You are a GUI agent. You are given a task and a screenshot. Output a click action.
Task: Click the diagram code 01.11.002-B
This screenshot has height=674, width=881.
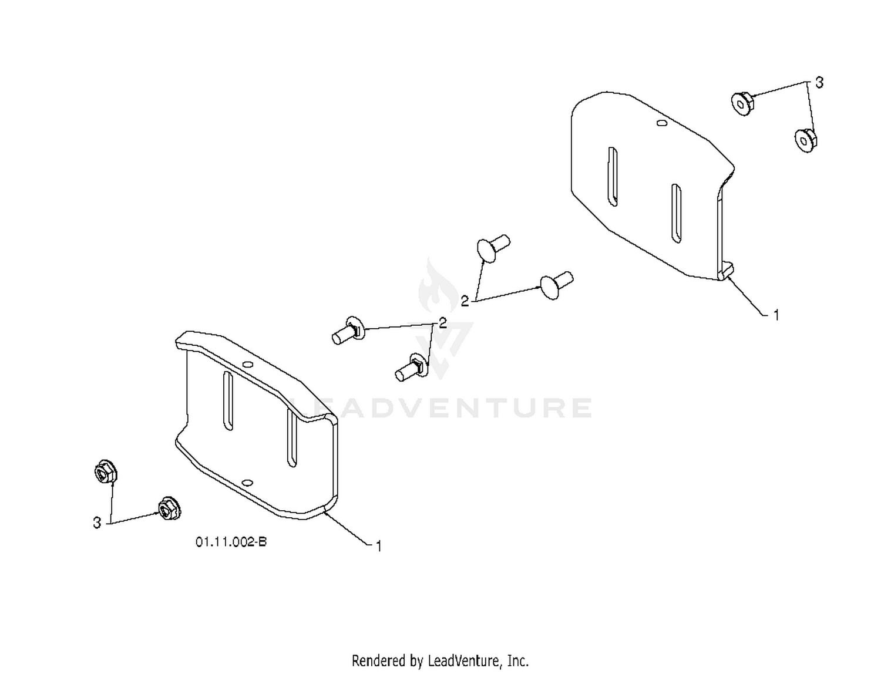pos(231,542)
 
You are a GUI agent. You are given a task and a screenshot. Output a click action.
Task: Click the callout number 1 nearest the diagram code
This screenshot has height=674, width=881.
pos(378,547)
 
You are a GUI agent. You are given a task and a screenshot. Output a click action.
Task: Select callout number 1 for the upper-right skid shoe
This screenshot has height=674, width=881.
pos(776,315)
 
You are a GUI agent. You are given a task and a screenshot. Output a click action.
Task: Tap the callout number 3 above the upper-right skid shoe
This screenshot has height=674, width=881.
pos(819,83)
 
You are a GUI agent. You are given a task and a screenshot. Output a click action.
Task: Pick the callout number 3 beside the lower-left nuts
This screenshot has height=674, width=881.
pos(97,523)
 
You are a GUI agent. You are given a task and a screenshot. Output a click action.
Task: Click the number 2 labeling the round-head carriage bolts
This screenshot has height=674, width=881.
pos(465,301)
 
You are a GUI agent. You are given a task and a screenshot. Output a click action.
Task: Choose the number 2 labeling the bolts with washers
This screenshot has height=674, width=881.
pos(443,323)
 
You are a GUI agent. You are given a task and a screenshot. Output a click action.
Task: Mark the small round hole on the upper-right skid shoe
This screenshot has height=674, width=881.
pos(661,123)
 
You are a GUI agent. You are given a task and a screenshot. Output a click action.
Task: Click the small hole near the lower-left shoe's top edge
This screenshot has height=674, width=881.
pos(248,364)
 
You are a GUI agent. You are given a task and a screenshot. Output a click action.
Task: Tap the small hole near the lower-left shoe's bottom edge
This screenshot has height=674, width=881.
pos(248,483)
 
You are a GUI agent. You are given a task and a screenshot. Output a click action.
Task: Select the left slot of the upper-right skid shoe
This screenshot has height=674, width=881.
pos(613,177)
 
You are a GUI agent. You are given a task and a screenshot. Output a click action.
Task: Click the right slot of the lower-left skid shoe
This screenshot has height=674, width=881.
pos(292,438)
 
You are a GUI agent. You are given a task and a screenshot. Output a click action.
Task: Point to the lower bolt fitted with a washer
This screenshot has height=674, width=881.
pos(412,367)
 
